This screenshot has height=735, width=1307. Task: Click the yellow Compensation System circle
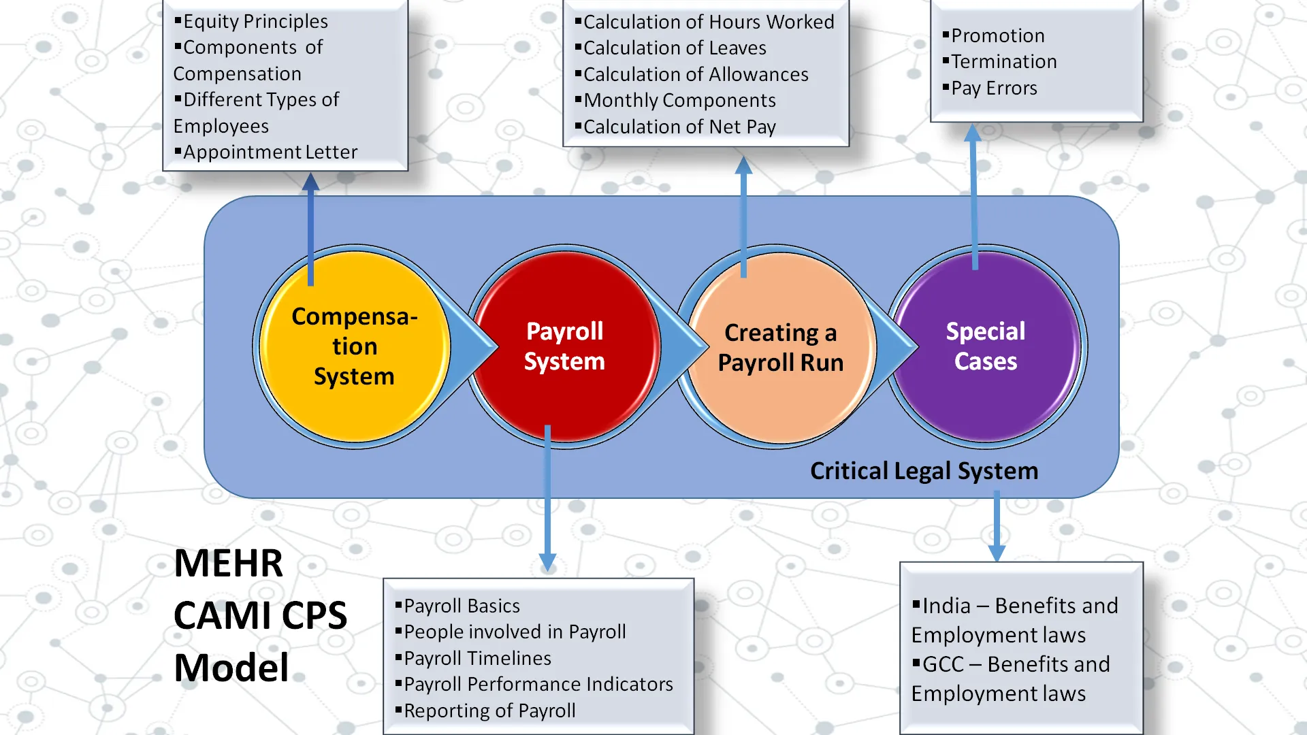click(x=354, y=346)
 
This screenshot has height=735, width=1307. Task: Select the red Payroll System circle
click(x=564, y=346)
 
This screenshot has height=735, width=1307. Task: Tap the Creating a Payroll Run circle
click(x=781, y=348)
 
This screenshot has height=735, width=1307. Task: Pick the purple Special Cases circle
click(x=985, y=346)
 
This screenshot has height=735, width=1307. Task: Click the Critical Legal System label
click(x=924, y=471)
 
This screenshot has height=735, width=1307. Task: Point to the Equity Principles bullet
click(x=255, y=22)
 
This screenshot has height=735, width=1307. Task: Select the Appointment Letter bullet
click(x=270, y=152)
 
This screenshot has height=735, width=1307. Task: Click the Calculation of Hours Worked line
click(x=708, y=22)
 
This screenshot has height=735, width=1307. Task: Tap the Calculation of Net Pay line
click(x=679, y=127)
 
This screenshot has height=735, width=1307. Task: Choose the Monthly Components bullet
click(x=679, y=101)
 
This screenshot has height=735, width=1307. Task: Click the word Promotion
click(x=997, y=36)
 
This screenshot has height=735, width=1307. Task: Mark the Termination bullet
click(x=1003, y=62)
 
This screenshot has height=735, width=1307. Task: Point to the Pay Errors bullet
click(x=994, y=88)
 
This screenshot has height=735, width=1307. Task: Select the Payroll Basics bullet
click(x=462, y=606)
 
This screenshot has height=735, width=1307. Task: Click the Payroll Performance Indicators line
click(x=538, y=685)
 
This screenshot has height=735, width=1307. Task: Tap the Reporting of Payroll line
click(x=489, y=711)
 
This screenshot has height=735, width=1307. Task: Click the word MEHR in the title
click(x=228, y=563)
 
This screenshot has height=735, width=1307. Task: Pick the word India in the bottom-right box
click(x=946, y=606)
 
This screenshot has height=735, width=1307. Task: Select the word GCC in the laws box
click(x=943, y=664)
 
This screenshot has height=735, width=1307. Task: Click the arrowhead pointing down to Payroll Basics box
click(x=547, y=561)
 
